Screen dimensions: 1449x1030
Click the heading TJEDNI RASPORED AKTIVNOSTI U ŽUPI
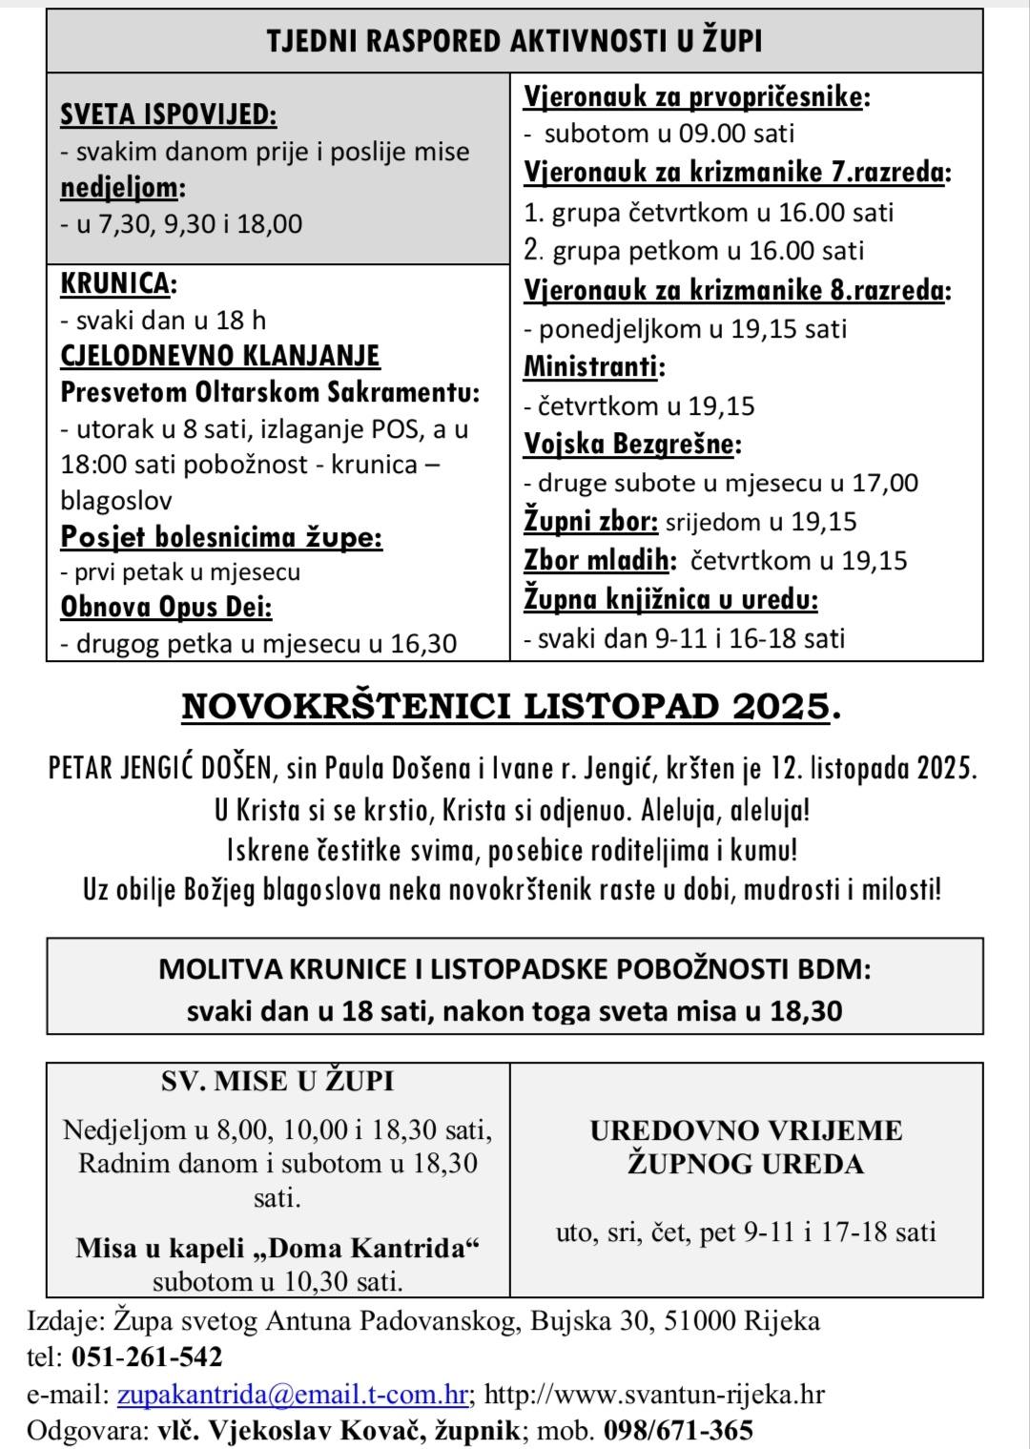coord(514,41)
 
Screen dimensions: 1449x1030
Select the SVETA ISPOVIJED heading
coord(168,114)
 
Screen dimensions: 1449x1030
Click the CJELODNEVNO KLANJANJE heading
coord(220,356)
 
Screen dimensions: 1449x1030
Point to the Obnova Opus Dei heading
coord(166,608)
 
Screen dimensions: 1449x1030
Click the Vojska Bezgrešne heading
coord(631,444)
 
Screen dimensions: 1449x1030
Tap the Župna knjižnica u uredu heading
coord(670,599)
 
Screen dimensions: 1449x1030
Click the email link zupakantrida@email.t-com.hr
coord(292,1394)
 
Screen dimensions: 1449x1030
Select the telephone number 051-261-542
coord(146,1356)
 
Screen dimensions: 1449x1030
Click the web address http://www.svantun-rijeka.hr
coord(654,1394)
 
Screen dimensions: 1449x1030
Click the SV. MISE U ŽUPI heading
coord(278,1082)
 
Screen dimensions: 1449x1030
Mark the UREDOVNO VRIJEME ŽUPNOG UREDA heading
coord(746,1147)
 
